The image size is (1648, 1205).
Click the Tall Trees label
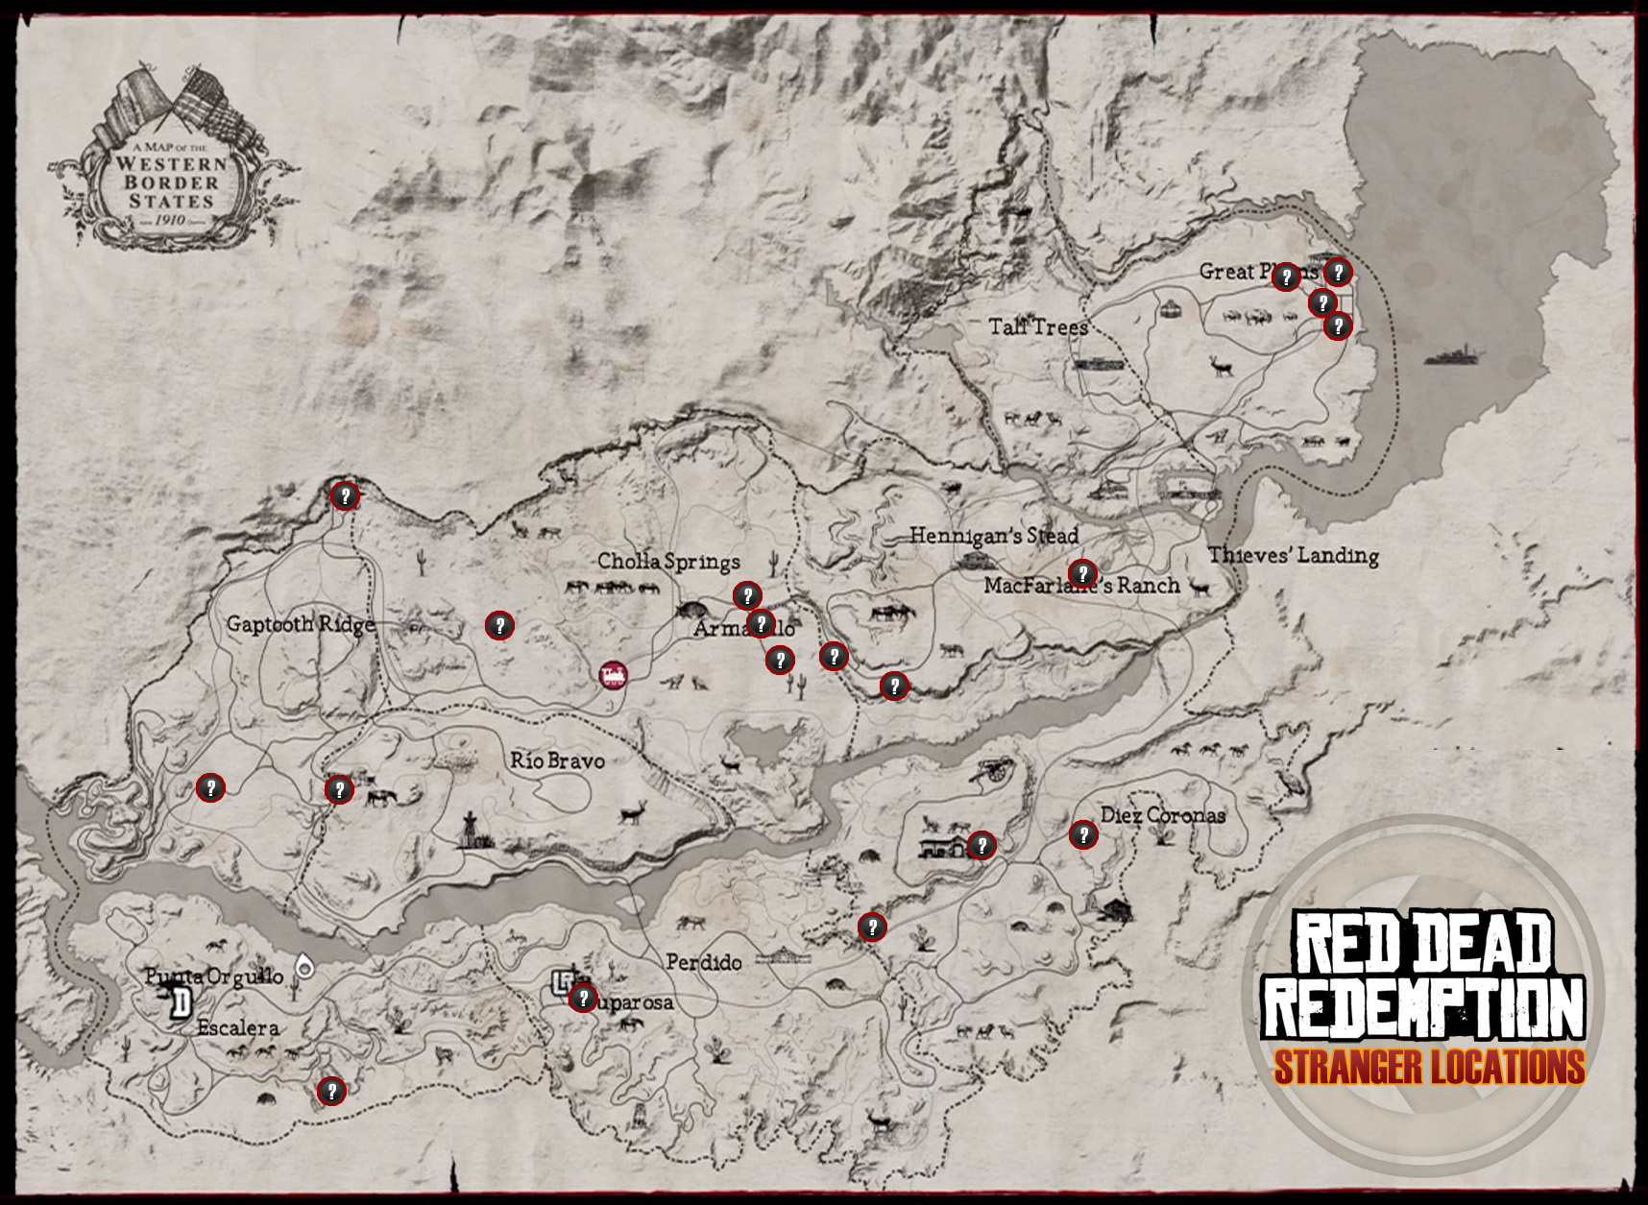(1038, 327)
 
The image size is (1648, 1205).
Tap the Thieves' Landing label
(1294, 555)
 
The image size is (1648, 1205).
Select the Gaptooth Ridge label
(301, 624)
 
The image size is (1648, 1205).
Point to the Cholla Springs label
(668, 562)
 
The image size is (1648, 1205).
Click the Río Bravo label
(557, 761)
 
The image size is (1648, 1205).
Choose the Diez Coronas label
(1163, 816)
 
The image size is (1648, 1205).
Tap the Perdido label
(704, 962)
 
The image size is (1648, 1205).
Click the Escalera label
(238, 1028)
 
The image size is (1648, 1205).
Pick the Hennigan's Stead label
(994, 536)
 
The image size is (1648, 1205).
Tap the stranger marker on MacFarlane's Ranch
(1082, 574)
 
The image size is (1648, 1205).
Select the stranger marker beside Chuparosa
(582, 999)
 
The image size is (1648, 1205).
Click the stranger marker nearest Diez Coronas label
(1083, 834)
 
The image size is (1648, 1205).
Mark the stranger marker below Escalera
(331, 1091)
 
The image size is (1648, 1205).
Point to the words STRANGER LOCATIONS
(1429, 1068)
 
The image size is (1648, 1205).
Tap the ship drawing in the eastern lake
(1453, 356)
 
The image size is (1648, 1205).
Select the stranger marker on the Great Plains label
(1285, 277)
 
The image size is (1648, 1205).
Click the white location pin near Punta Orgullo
(304, 966)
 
